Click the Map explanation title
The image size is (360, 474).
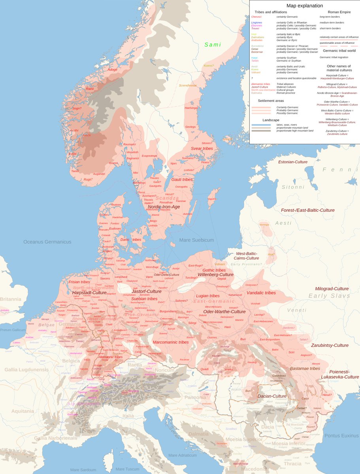pos(304,6)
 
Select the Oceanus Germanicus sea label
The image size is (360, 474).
pos(47,242)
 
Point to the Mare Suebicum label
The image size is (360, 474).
pos(196,240)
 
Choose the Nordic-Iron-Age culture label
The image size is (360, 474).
pos(164,207)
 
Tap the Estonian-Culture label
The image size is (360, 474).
pos(293,162)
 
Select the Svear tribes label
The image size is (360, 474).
pos(202,149)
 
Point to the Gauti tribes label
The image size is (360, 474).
pos(182,179)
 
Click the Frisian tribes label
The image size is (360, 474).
pos(79,282)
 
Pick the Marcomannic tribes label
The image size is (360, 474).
pos(170,342)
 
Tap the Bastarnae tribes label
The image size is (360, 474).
pos(305,369)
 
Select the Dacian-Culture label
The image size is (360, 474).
pos(272,396)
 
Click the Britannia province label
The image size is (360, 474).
pos(11,299)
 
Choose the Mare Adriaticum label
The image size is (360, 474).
pos(183,455)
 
